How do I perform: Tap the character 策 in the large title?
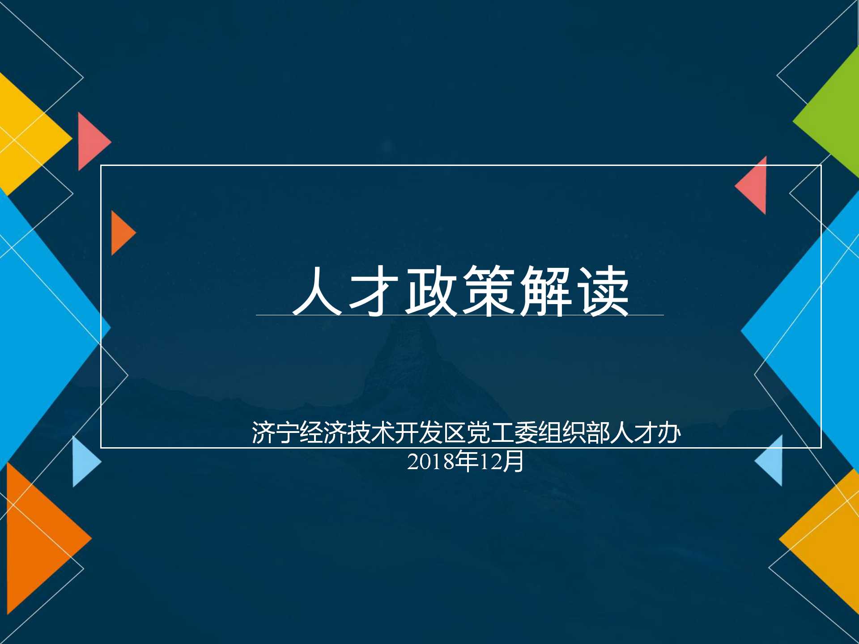click(488, 291)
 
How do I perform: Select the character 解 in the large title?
click(545, 291)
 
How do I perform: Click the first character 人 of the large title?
click(317, 291)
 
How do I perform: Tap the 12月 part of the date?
click(502, 462)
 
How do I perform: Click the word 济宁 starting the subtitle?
click(275, 432)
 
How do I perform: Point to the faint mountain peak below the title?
click(405, 340)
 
